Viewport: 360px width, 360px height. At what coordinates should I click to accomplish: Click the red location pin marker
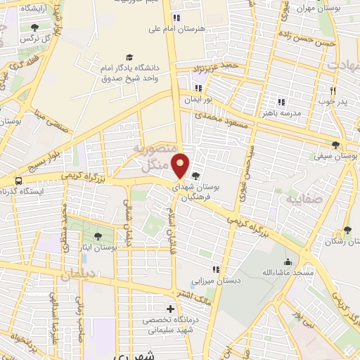coord(181,165)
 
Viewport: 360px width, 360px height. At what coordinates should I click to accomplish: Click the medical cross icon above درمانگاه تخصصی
coord(170,309)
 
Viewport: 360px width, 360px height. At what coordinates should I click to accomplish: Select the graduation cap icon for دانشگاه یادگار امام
coord(129,57)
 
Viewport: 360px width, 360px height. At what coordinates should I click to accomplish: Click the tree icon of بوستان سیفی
coord(337,145)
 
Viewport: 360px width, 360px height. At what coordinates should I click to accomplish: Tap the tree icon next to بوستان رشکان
coord(347,230)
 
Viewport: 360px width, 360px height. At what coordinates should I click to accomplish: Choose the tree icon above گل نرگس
coord(35,27)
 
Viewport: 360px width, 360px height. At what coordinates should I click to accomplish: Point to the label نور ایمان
coord(198,100)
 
